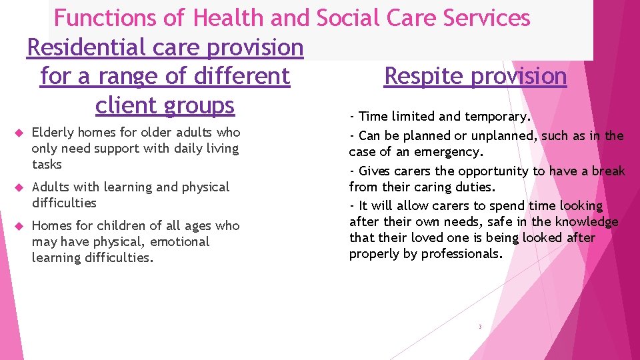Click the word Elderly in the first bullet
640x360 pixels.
pyautogui.click(x=52, y=133)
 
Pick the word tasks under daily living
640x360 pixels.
pyautogui.click(x=47, y=164)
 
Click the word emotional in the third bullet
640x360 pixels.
pyautogui.click(x=179, y=241)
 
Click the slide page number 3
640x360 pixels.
pyautogui.click(x=479, y=327)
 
